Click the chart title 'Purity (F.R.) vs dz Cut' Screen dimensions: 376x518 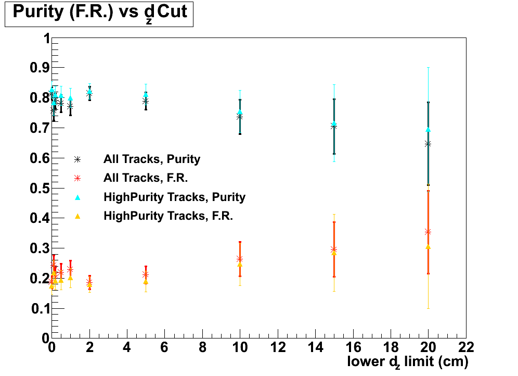point(99,13)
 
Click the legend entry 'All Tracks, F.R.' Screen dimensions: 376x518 point(146,178)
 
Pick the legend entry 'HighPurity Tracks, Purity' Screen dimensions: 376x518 point(174,197)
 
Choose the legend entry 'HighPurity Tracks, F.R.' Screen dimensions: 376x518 point(168,216)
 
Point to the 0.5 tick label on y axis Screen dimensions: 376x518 point(38,188)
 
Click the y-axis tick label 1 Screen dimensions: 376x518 point(46,39)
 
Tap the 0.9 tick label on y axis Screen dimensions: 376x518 point(38,68)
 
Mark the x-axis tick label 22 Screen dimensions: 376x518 point(465,346)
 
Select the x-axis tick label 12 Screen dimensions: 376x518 point(277,346)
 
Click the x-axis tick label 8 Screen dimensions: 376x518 point(202,346)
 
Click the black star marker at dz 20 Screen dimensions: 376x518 point(428,144)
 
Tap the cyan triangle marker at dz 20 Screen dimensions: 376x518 point(428,130)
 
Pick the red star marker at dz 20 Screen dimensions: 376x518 point(428,231)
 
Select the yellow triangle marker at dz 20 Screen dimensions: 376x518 point(428,246)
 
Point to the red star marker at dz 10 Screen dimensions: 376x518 point(240,259)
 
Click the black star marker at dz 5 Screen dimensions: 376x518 point(146,101)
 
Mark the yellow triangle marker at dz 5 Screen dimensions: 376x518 point(146,282)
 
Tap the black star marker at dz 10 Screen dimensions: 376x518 point(240,117)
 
